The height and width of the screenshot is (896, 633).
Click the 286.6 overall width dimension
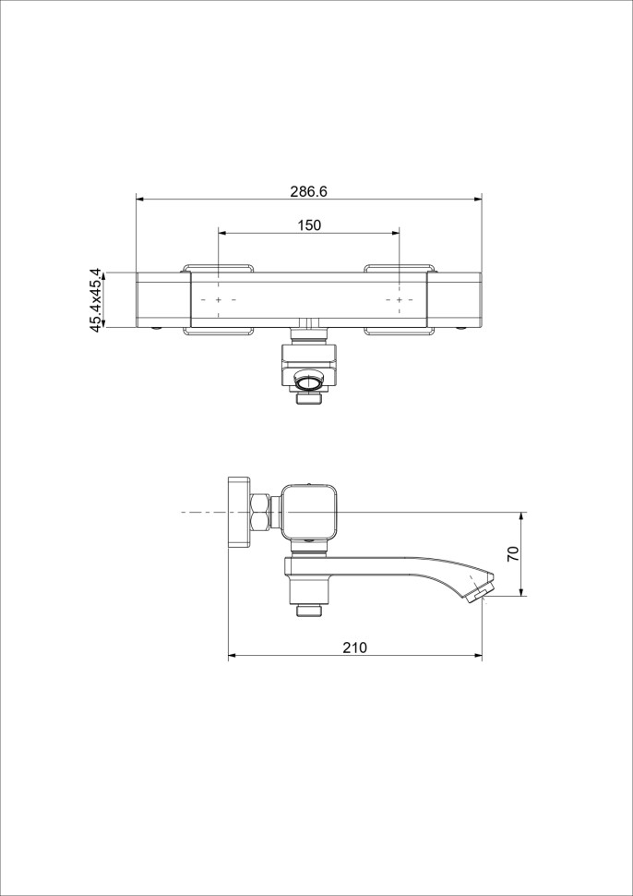click(x=308, y=192)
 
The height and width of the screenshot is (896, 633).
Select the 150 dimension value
click(x=309, y=225)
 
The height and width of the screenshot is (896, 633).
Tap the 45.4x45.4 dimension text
click(x=97, y=299)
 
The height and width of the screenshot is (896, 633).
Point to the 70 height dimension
click(x=513, y=553)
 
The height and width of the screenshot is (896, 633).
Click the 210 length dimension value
click(x=354, y=648)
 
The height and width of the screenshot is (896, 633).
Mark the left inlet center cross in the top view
click(x=219, y=299)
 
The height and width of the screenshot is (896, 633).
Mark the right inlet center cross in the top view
click(x=399, y=299)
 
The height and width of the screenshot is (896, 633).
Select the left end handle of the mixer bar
click(x=163, y=300)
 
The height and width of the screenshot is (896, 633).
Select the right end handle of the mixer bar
click(x=455, y=300)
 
